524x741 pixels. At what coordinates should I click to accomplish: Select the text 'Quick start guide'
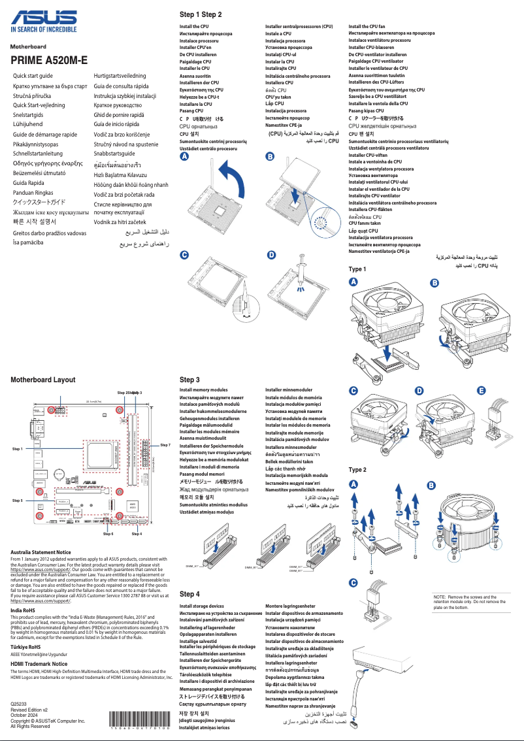point(38,76)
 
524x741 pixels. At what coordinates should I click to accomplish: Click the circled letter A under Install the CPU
point(185,157)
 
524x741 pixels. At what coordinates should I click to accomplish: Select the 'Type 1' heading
point(357,269)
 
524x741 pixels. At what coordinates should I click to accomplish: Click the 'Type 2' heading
point(357,470)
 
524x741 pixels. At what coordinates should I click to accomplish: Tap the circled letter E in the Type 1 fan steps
point(482,391)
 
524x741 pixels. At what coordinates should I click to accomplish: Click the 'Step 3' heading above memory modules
point(189,380)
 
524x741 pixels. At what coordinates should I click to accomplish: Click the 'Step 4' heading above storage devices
point(189,594)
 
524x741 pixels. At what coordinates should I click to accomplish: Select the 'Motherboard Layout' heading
point(43,380)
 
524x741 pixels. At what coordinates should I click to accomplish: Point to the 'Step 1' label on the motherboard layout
point(18,450)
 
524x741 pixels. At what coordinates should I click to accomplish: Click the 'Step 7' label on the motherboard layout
point(165,445)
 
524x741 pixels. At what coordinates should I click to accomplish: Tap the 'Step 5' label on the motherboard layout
point(18,500)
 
